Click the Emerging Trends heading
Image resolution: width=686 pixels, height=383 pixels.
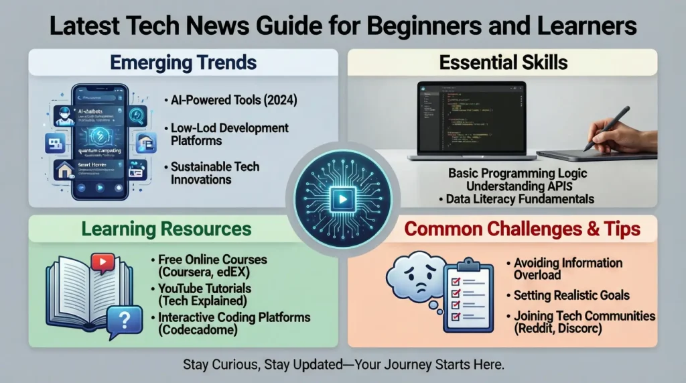tap(183, 63)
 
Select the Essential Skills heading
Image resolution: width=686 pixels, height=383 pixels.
tap(503, 63)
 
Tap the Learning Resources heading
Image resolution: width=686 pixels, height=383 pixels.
tap(166, 229)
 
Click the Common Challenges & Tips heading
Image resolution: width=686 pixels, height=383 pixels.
tap(523, 229)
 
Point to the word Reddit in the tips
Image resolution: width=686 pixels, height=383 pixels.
tap(538, 329)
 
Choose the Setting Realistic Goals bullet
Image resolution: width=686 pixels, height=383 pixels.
tap(571, 295)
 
